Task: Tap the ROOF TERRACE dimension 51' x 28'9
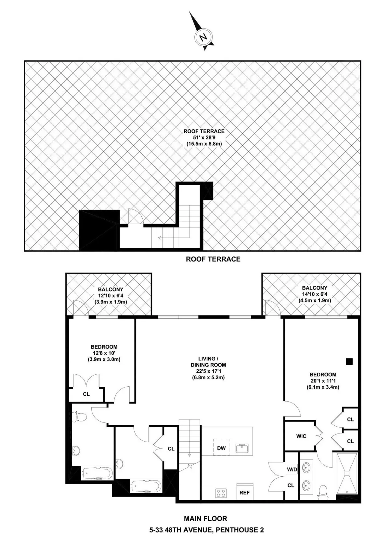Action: coord(204,137)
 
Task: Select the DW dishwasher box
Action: coord(221,448)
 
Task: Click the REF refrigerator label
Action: coord(244,493)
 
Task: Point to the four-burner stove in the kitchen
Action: coord(221,493)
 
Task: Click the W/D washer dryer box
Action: coord(292,469)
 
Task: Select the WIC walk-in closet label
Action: coord(301,436)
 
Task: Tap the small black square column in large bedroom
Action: coord(349,361)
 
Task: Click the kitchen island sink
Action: coord(242,448)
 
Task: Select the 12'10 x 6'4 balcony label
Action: coord(110,296)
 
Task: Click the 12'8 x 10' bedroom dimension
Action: coord(104,353)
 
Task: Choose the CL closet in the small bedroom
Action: coord(86,394)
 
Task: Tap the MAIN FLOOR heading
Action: coord(205,519)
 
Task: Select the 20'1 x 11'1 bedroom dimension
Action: coord(323,381)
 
